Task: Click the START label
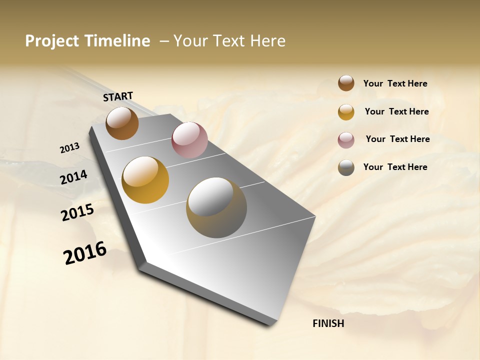click(118, 96)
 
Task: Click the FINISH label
click(328, 323)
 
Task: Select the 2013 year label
click(69, 148)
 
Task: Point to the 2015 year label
click(77, 212)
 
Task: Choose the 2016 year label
click(85, 253)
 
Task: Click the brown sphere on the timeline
click(122, 123)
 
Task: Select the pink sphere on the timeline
click(189, 140)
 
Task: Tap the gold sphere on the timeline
click(145, 180)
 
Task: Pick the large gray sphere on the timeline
click(216, 207)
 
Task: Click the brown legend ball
click(346, 83)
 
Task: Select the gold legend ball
click(346, 112)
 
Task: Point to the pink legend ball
click(346, 140)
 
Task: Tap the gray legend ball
click(346, 167)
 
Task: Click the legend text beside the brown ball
click(395, 84)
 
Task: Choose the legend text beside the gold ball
click(396, 111)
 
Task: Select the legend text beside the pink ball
click(397, 139)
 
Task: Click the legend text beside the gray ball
click(395, 167)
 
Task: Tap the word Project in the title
click(52, 41)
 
